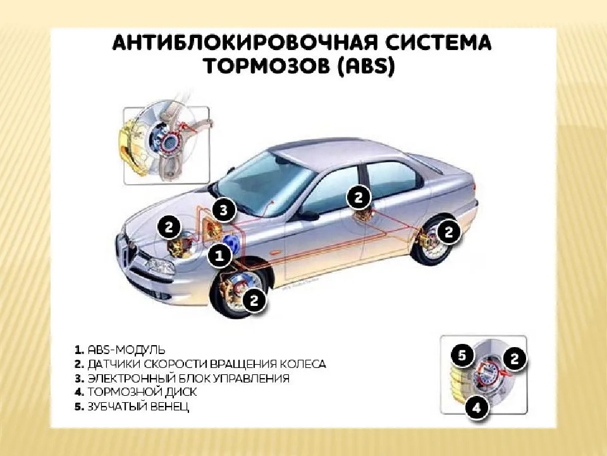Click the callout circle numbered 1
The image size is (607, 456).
219,255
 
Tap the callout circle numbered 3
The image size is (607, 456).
224,210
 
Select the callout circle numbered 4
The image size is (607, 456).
477,407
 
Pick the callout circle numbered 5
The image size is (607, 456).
462,355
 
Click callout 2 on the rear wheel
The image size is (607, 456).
448,232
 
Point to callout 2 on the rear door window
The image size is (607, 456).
359,198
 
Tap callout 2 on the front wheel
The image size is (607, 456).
254,300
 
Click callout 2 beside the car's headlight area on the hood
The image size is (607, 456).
169,227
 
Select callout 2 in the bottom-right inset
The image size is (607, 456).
515,358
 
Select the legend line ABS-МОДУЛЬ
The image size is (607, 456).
120,350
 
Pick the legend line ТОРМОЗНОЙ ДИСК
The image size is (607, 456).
136,392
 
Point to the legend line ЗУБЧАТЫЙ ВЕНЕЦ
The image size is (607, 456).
132,407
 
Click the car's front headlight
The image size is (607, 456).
160,266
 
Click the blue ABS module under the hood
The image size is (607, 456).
233,243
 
